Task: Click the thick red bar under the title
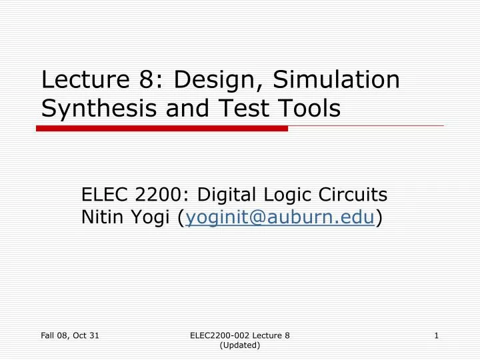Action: point(162,128)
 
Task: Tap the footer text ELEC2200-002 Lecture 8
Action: point(240,336)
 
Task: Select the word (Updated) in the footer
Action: point(240,345)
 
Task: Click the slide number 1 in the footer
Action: point(436,336)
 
